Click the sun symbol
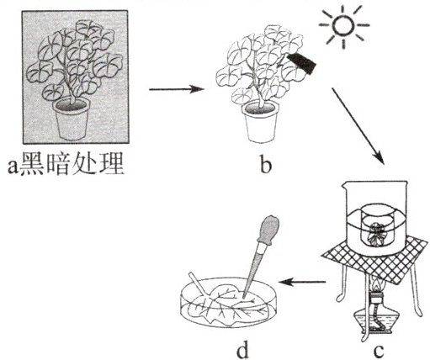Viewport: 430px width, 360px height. tap(343, 25)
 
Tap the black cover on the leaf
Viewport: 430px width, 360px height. tap(302, 62)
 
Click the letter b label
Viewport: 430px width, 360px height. tap(265, 166)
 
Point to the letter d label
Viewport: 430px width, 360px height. tap(242, 349)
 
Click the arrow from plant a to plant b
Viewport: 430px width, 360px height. tap(175, 89)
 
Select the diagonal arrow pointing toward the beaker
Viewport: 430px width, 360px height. tap(358, 125)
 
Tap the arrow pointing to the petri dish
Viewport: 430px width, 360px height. tap(302, 282)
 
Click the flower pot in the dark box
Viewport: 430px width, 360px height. tap(72, 119)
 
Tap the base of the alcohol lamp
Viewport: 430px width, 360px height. tap(376, 321)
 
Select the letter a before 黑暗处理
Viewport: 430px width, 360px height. tap(13, 167)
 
